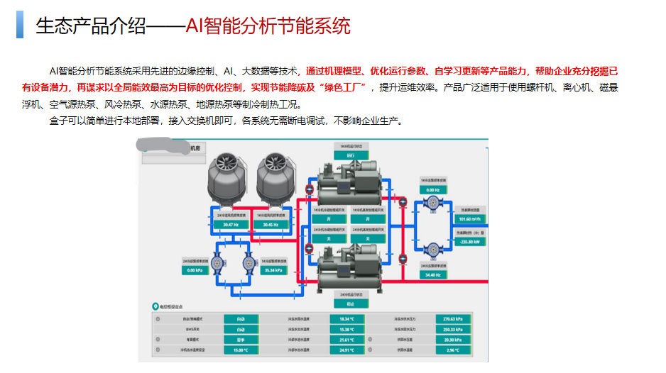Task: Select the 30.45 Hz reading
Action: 270,224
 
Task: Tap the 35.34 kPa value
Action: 273,270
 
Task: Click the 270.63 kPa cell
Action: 452,319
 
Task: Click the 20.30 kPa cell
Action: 452,340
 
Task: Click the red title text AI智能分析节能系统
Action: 268,27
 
